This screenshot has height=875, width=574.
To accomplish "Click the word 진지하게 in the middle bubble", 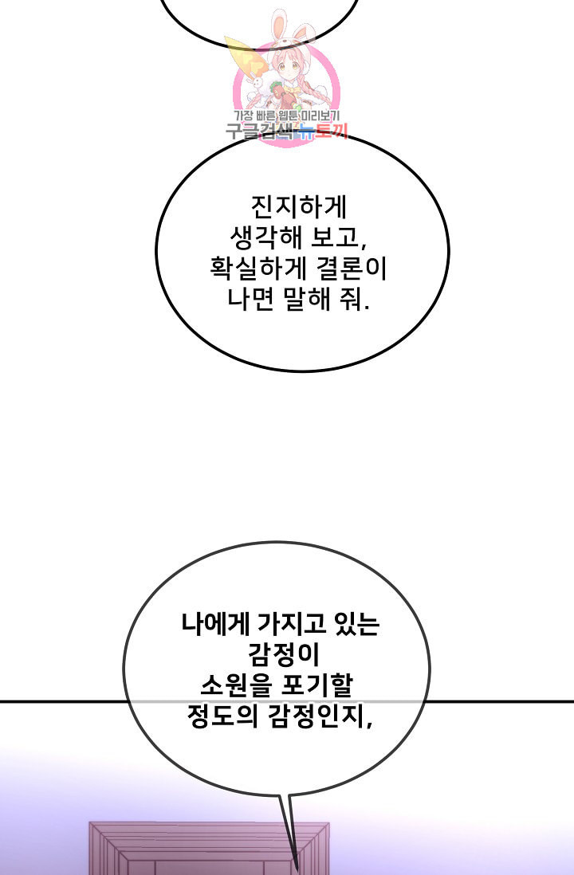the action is click(299, 207).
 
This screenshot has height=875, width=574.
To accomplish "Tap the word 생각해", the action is click(265, 238).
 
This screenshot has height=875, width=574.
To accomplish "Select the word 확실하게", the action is click(258, 269).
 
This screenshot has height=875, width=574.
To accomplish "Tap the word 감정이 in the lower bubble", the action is click(284, 654).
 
